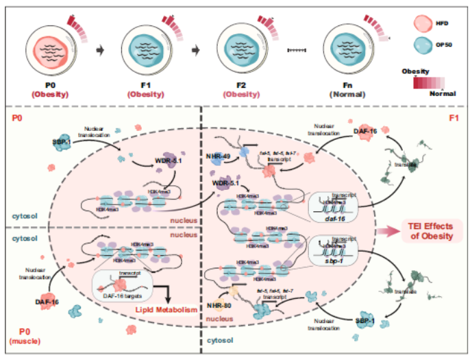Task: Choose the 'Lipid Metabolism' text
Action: click(x=164, y=311)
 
